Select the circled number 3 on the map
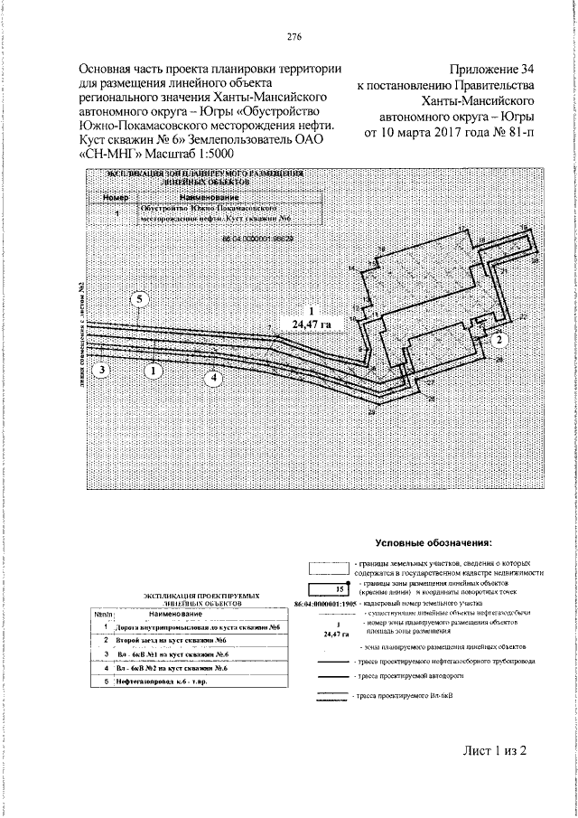coord(102,370)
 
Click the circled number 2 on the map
coord(498,338)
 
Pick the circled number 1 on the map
coord(154,370)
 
